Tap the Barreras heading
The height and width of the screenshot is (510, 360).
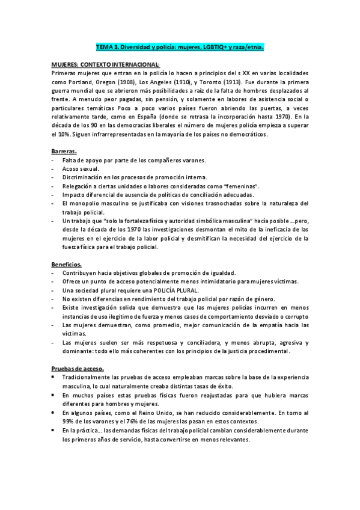[64, 152]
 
